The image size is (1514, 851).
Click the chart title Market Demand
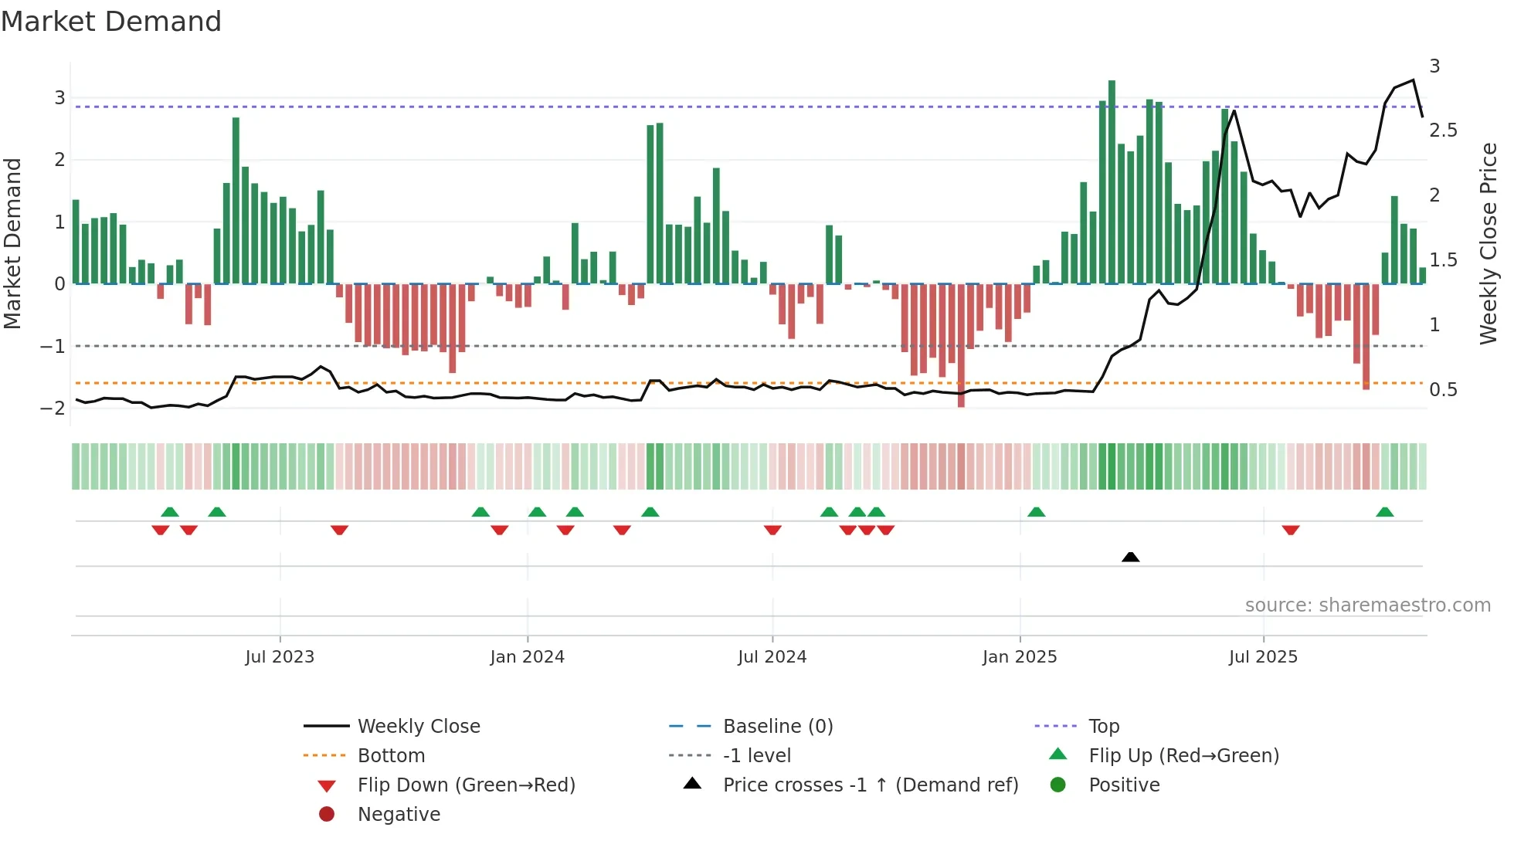[111, 22]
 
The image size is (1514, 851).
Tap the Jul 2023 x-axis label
[280, 657]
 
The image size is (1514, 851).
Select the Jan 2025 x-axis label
[1020, 657]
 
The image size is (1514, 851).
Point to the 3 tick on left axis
[59, 98]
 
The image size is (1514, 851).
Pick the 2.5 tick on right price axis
[1443, 131]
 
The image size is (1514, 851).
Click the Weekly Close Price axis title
[1488, 243]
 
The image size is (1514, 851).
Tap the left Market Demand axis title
[13, 243]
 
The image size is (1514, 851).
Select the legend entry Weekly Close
[418, 727]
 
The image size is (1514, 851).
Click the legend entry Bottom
[391, 756]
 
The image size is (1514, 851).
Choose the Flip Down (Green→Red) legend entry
[466, 785]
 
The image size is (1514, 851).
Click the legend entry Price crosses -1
[870, 785]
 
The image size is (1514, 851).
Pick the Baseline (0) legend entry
[777, 727]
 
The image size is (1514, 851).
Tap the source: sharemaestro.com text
[1367, 605]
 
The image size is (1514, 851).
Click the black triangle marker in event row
[1130, 557]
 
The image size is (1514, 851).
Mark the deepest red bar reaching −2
[961, 346]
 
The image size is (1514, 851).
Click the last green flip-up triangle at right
[1385, 512]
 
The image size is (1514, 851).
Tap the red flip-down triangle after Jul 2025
[1291, 530]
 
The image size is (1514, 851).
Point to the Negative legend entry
[399, 815]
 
